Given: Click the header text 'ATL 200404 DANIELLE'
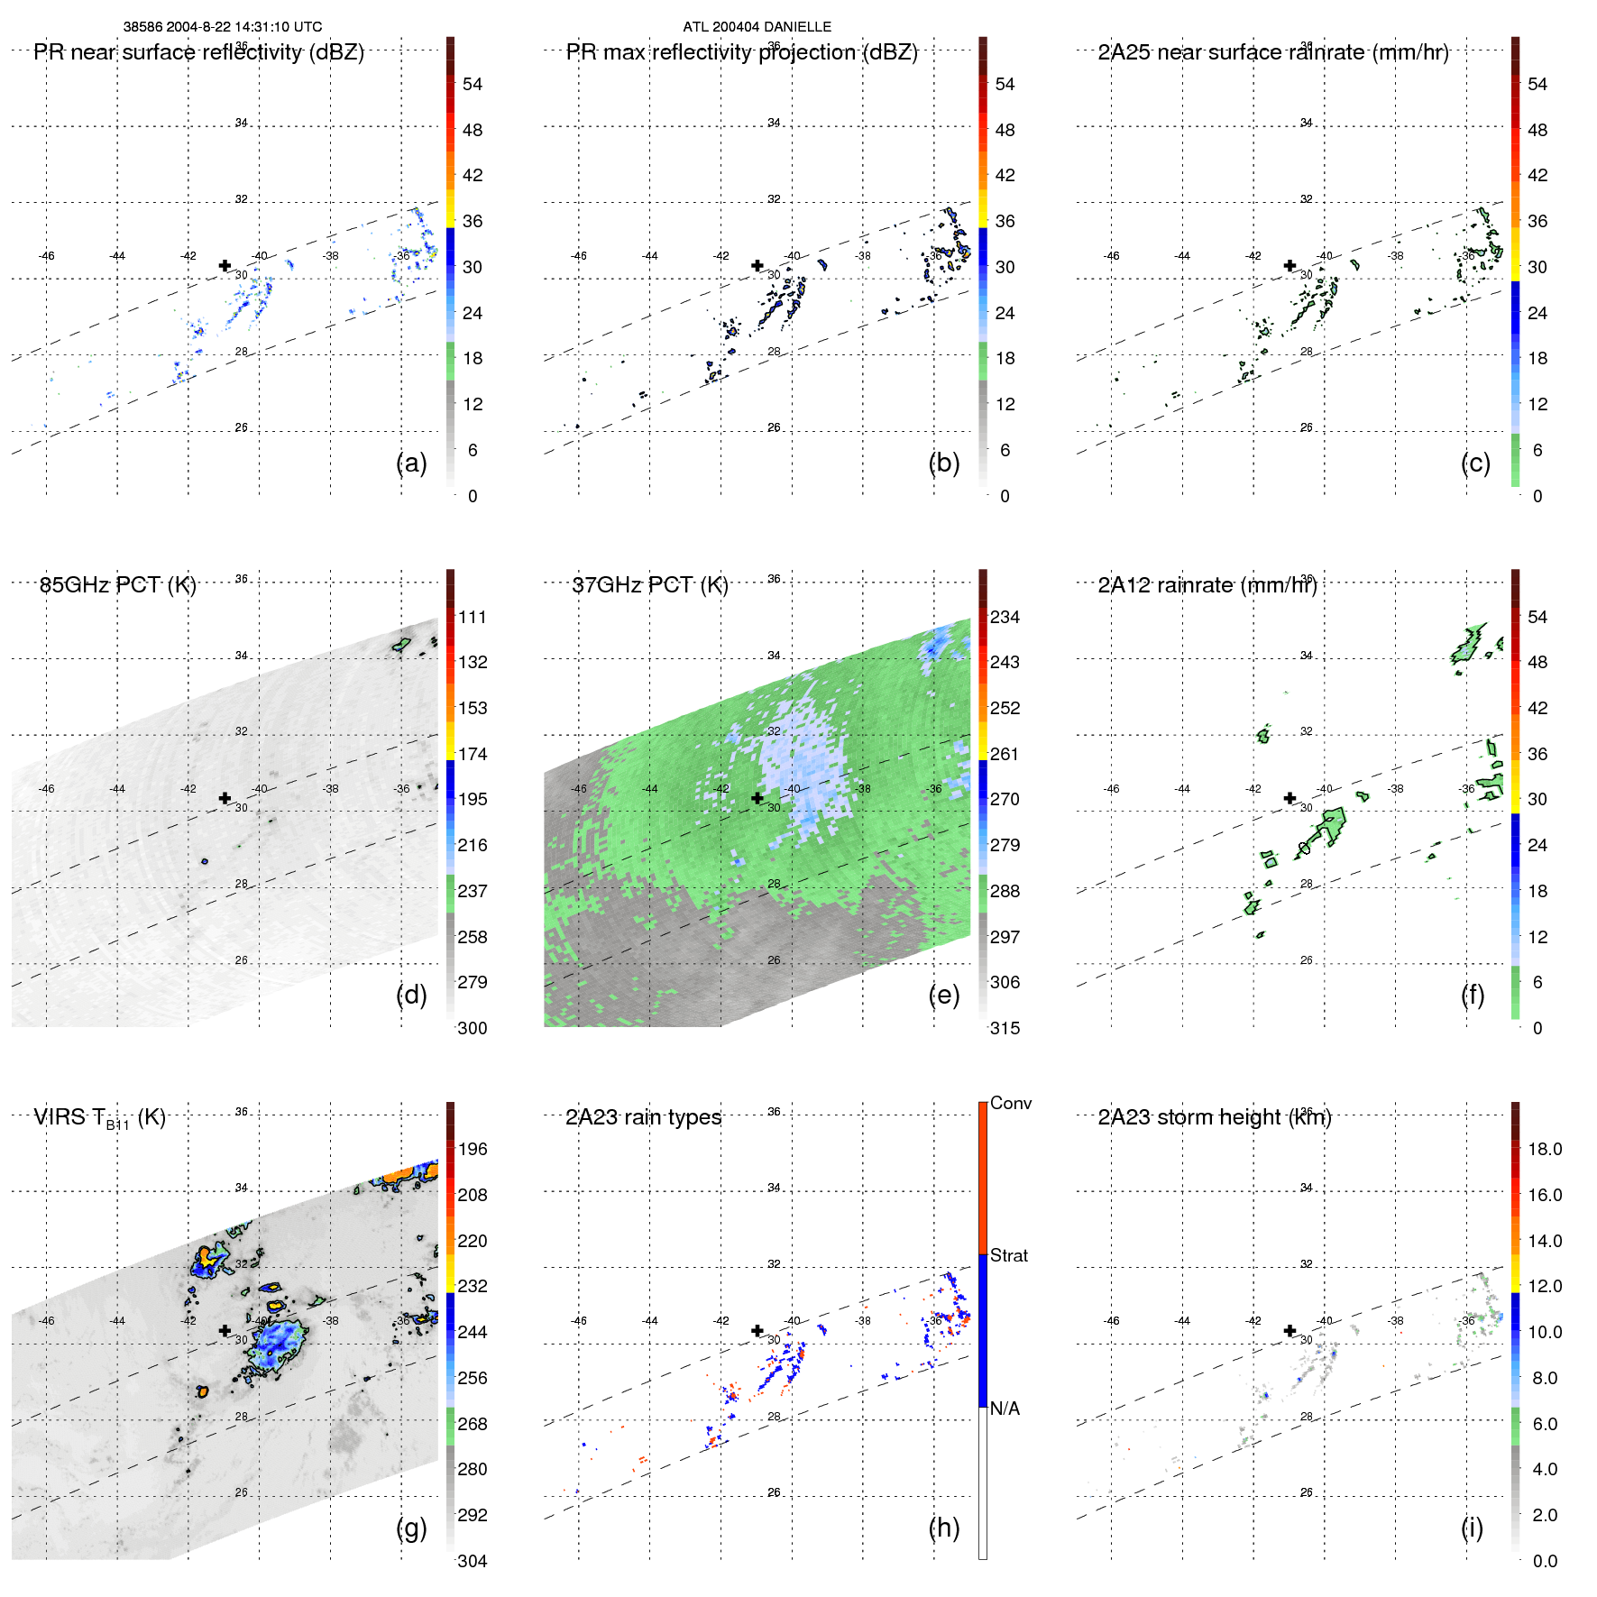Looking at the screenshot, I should [x=757, y=27].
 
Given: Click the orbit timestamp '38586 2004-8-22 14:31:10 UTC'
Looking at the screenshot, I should [x=223, y=27].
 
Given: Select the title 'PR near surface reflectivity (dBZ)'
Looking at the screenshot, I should [x=198, y=52].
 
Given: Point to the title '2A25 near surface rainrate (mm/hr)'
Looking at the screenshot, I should [x=1272, y=52].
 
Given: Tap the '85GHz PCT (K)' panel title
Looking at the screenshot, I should [x=117, y=585].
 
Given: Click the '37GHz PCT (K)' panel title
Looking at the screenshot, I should [x=649, y=585].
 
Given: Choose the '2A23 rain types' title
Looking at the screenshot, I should [x=643, y=1117].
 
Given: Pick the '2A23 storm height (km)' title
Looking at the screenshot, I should [x=1214, y=1117].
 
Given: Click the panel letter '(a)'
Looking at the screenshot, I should [x=411, y=463].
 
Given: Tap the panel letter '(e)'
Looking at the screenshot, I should [x=943, y=995].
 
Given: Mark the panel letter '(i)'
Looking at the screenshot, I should [x=1472, y=1528].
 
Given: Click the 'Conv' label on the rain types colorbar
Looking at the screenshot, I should [x=1010, y=1103].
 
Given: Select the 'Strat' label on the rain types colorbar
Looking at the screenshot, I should [x=1008, y=1255].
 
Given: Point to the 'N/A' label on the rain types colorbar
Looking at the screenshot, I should [x=1005, y=1409].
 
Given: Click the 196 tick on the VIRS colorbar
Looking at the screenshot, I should [x=472, y=1149].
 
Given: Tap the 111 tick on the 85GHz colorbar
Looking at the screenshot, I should [x=472, y=617].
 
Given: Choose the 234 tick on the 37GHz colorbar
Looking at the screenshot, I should [x=1005, y=617].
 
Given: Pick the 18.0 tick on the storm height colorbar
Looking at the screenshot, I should [x=1544, y=1149].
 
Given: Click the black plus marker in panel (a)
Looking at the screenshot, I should [x=225, y=265].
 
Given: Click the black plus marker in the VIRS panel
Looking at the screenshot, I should [x=225, y=1330].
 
